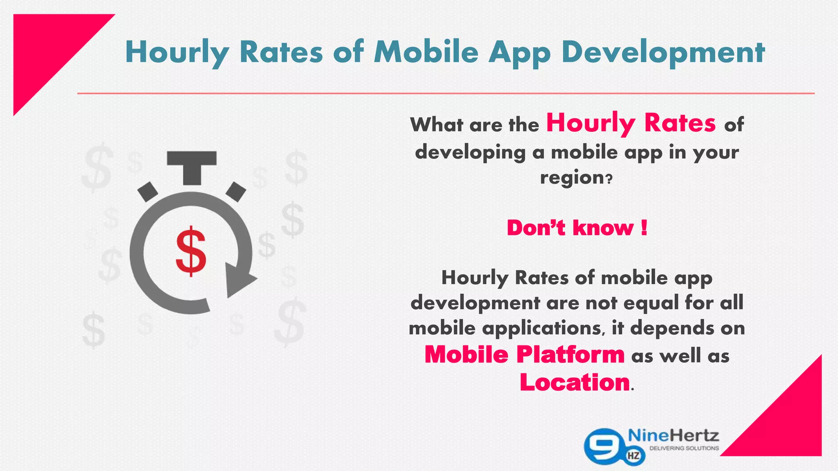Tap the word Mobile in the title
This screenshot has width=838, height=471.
[x=426, y=52]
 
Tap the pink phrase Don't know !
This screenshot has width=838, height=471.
[x=577, y=228]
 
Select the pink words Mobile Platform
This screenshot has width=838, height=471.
[x=524, y=354]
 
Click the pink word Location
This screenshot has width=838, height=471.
[x=574, y=382]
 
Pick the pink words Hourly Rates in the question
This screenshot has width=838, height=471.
[x=631, y=123]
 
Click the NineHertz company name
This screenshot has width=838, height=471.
[x=673, y=435]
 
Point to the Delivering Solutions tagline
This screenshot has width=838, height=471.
[x=684, y=449]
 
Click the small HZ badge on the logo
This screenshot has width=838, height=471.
[x=633, y=456]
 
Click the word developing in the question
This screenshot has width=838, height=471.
[x=470, y=153]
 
